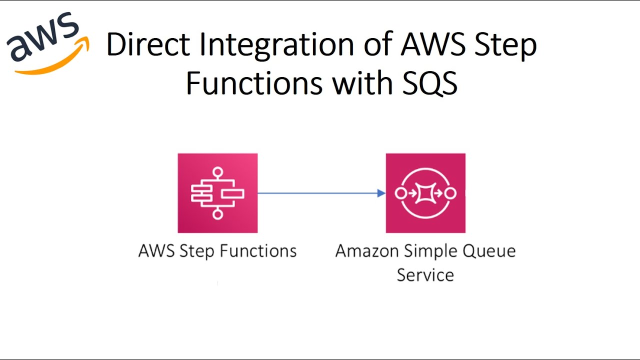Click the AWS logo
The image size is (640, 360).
47,42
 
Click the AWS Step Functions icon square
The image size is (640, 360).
217,193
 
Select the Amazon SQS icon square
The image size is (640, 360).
425,193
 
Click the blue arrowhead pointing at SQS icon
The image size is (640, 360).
381,193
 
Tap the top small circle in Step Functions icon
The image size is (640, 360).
217,172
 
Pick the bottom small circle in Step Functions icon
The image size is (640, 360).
217,214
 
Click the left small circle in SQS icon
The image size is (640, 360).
400,193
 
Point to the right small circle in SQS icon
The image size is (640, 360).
450,193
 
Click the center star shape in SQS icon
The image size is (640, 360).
425,193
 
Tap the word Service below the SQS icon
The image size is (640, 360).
425,274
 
